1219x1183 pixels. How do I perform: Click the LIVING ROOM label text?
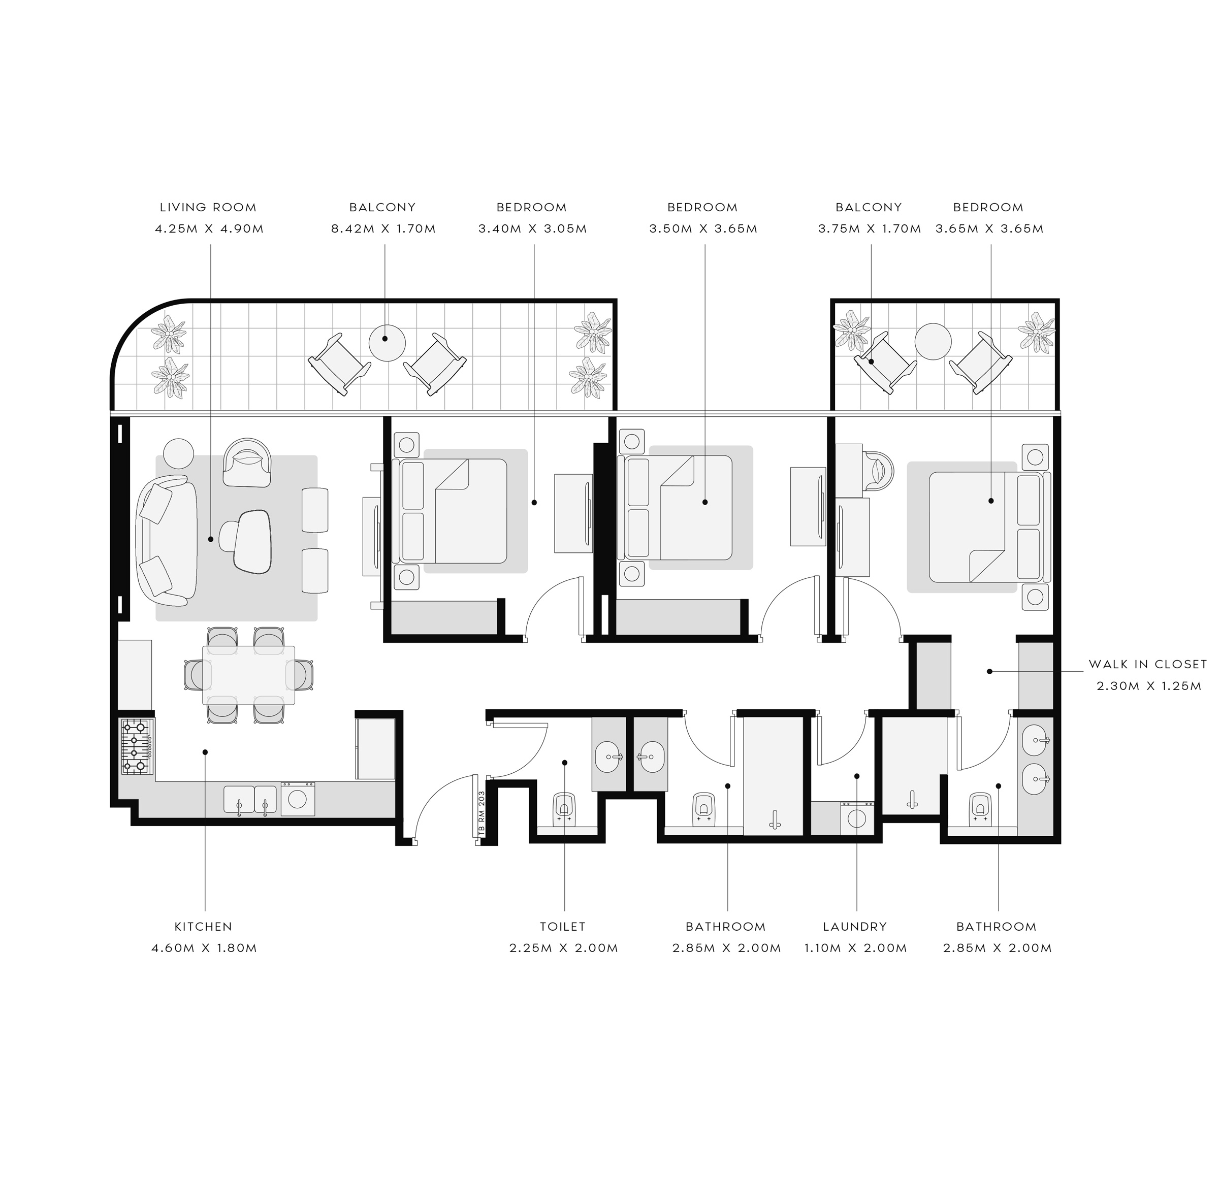click(x=208, y=208)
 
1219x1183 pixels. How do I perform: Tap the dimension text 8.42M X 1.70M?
click(x=383, y=229)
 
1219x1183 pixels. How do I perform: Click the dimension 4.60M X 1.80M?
click(x=204, y=948)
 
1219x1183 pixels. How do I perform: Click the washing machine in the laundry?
click(x=856, y=817)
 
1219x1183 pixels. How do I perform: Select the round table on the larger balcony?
click(x=387, y=341)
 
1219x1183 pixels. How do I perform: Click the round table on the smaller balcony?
click(x=933, y=341)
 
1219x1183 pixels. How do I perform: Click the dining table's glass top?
click(x=249, y=674)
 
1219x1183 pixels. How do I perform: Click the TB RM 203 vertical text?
click(x=482, y=815)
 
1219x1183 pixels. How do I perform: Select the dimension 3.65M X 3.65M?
click(x=989, y=229)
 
